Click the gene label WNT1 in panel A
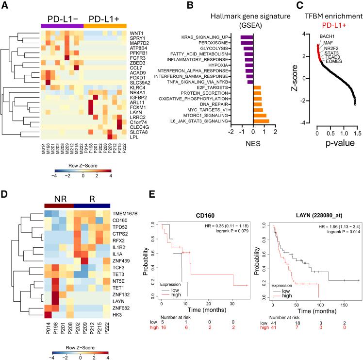pyautogui.click(x=135, y=33)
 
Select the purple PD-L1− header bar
pyautogui.click(x=62, y=26)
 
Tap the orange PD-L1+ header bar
pyautogui.click(x=105, y=26)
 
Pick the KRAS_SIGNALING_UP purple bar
pyautogui.click(x=247, y=37)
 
